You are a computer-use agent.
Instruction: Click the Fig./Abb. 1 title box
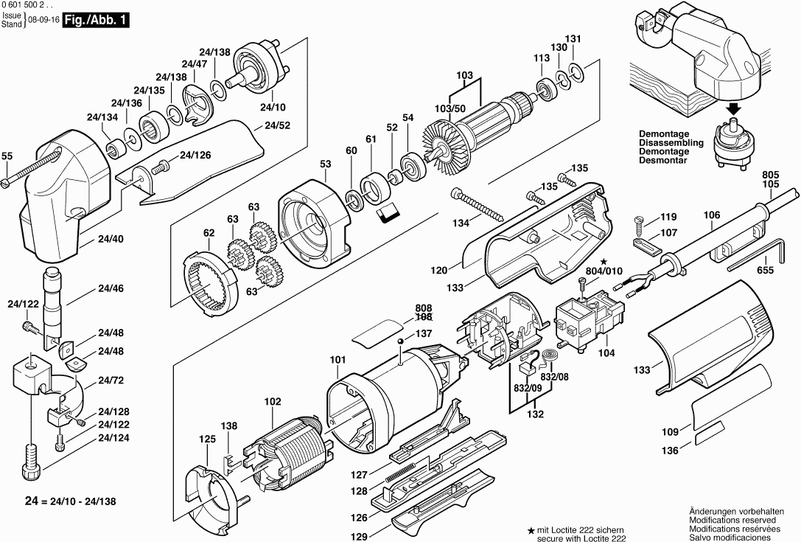(x=96, y=20)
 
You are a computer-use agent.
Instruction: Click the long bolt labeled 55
(x=29, y=168)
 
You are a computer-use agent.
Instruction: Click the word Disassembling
(x=671, y=143)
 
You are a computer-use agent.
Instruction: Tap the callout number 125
(x=207, y=439)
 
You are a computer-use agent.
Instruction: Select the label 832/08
(x=554, y=376)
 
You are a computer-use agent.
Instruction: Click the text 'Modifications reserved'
(x=735, y=520)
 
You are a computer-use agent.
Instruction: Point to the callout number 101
(x=337, y=360)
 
